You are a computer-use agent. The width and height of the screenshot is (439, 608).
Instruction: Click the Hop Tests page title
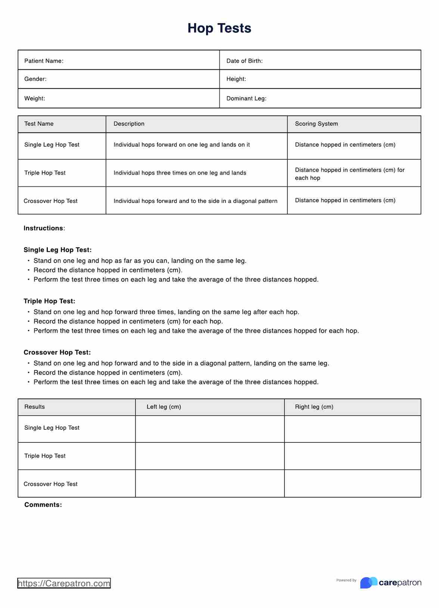[219, 28]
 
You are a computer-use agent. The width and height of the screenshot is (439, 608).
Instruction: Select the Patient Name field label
[44, 61]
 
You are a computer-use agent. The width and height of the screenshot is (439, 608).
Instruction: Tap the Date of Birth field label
[244, 61]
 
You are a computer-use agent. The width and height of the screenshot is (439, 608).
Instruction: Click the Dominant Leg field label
[246, 98]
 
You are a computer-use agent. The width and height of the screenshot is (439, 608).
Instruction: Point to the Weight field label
[34, 98]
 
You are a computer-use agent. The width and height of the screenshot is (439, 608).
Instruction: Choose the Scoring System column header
[316, 124]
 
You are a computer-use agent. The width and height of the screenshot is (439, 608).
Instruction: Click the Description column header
[129, 124]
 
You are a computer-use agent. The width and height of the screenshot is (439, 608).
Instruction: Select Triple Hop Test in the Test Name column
[45, 173]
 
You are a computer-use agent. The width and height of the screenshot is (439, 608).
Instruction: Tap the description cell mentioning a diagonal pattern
[195, 201]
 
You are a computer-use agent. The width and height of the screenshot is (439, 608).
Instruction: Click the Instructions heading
[44, 228]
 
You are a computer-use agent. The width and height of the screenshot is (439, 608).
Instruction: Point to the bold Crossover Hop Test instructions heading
[57, 352]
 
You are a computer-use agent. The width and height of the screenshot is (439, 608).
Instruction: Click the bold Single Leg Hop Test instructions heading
[57, 250]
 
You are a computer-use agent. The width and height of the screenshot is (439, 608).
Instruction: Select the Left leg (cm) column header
[164, 407]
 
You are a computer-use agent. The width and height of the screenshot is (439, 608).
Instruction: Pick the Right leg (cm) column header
[314, 407]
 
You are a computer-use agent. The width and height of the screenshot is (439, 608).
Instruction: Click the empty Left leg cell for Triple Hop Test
[209, 456]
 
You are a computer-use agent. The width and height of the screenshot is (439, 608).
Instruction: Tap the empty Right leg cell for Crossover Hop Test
[352, 483]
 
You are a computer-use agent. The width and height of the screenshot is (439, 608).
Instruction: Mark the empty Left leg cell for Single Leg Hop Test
[209, 429]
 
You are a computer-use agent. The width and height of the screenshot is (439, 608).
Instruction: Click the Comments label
[43, 505]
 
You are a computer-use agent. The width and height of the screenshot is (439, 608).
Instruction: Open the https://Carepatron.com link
[64, 583]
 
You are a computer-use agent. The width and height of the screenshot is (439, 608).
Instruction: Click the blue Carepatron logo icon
[368, 582]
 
